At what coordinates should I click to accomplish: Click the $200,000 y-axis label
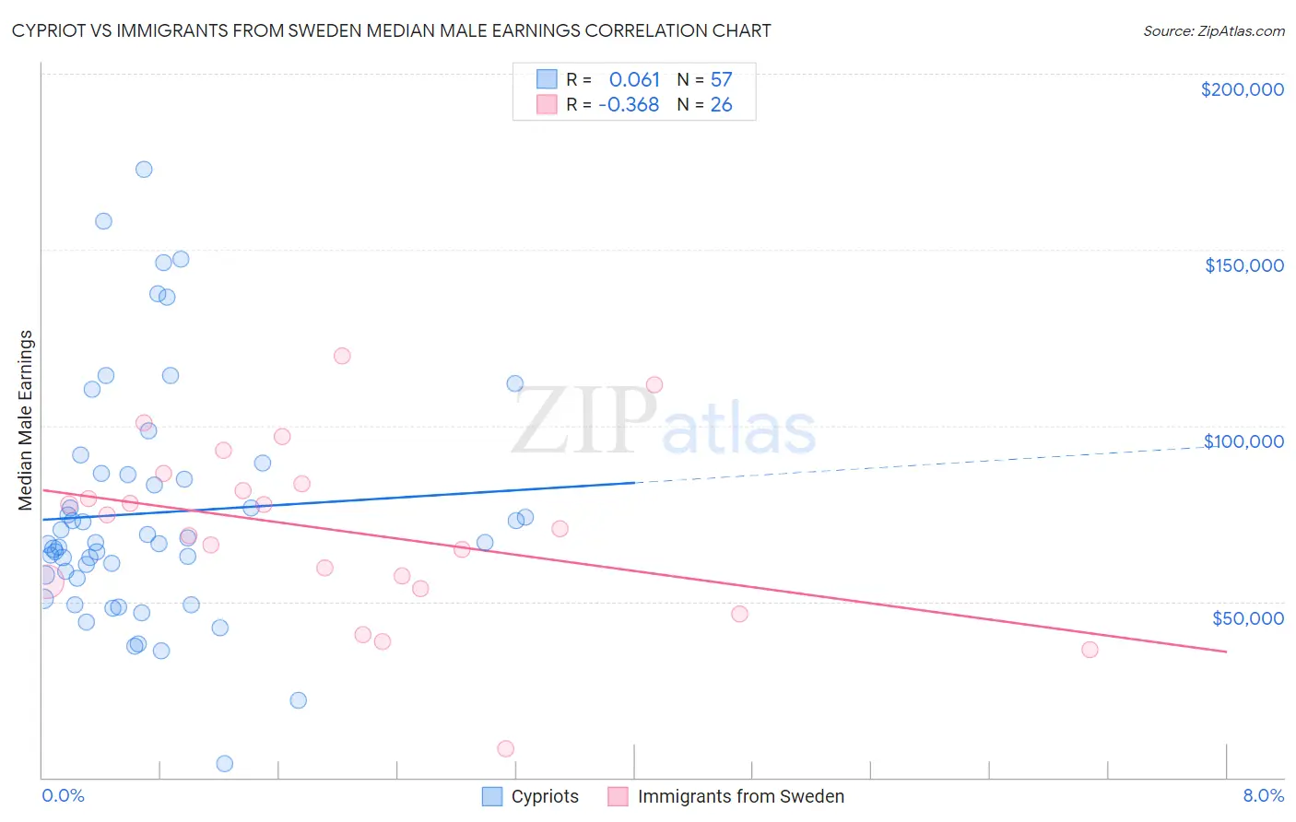click(x=1242, y=89)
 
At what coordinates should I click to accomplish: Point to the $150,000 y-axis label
click(x=1243, y=265)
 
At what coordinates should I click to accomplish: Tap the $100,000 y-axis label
click(x=1243, y=441)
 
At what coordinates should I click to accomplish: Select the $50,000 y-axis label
click(x=1247, y=617)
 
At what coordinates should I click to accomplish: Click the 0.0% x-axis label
click(x=63, y=795)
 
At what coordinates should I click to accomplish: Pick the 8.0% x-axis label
click(x=1263, y=795)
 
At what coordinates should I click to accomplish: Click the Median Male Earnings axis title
click(x=26, y=419)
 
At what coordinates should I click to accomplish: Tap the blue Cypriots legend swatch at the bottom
click(x=492, y=796)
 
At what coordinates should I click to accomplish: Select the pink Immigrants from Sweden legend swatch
click(x=618, y=796)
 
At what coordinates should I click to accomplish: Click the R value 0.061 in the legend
click(x=634, y=79)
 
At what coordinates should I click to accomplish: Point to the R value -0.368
click(x=629, y=104)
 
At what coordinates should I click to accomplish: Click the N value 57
click(x=721, y=79)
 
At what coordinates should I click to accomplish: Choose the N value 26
click(x=721, y=104)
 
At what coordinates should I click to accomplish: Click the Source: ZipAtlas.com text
click(x=1213, y=30)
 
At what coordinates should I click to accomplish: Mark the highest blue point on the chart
click(x=144, y=169)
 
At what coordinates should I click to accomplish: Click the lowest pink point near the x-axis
click(x=505, y=748)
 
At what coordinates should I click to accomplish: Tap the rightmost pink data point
click(x=1090, y=650)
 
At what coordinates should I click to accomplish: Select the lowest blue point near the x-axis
click(x=224, y=763)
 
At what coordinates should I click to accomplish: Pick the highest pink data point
click(x=342, y=356)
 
